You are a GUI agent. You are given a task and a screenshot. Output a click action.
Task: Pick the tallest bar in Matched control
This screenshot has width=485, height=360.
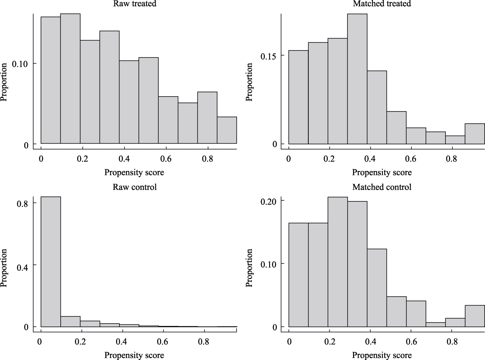[x=338, y=262]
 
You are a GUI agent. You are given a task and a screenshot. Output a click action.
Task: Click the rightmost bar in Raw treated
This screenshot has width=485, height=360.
[x=227, y=130]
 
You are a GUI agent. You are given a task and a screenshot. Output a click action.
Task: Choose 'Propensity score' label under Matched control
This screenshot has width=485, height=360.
[x=382, y=355]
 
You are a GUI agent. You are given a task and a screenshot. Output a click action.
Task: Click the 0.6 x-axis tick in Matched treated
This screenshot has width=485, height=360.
[x=411, y=160]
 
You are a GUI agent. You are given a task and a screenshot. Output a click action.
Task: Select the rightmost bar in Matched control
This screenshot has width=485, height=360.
[x=475, y=316]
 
